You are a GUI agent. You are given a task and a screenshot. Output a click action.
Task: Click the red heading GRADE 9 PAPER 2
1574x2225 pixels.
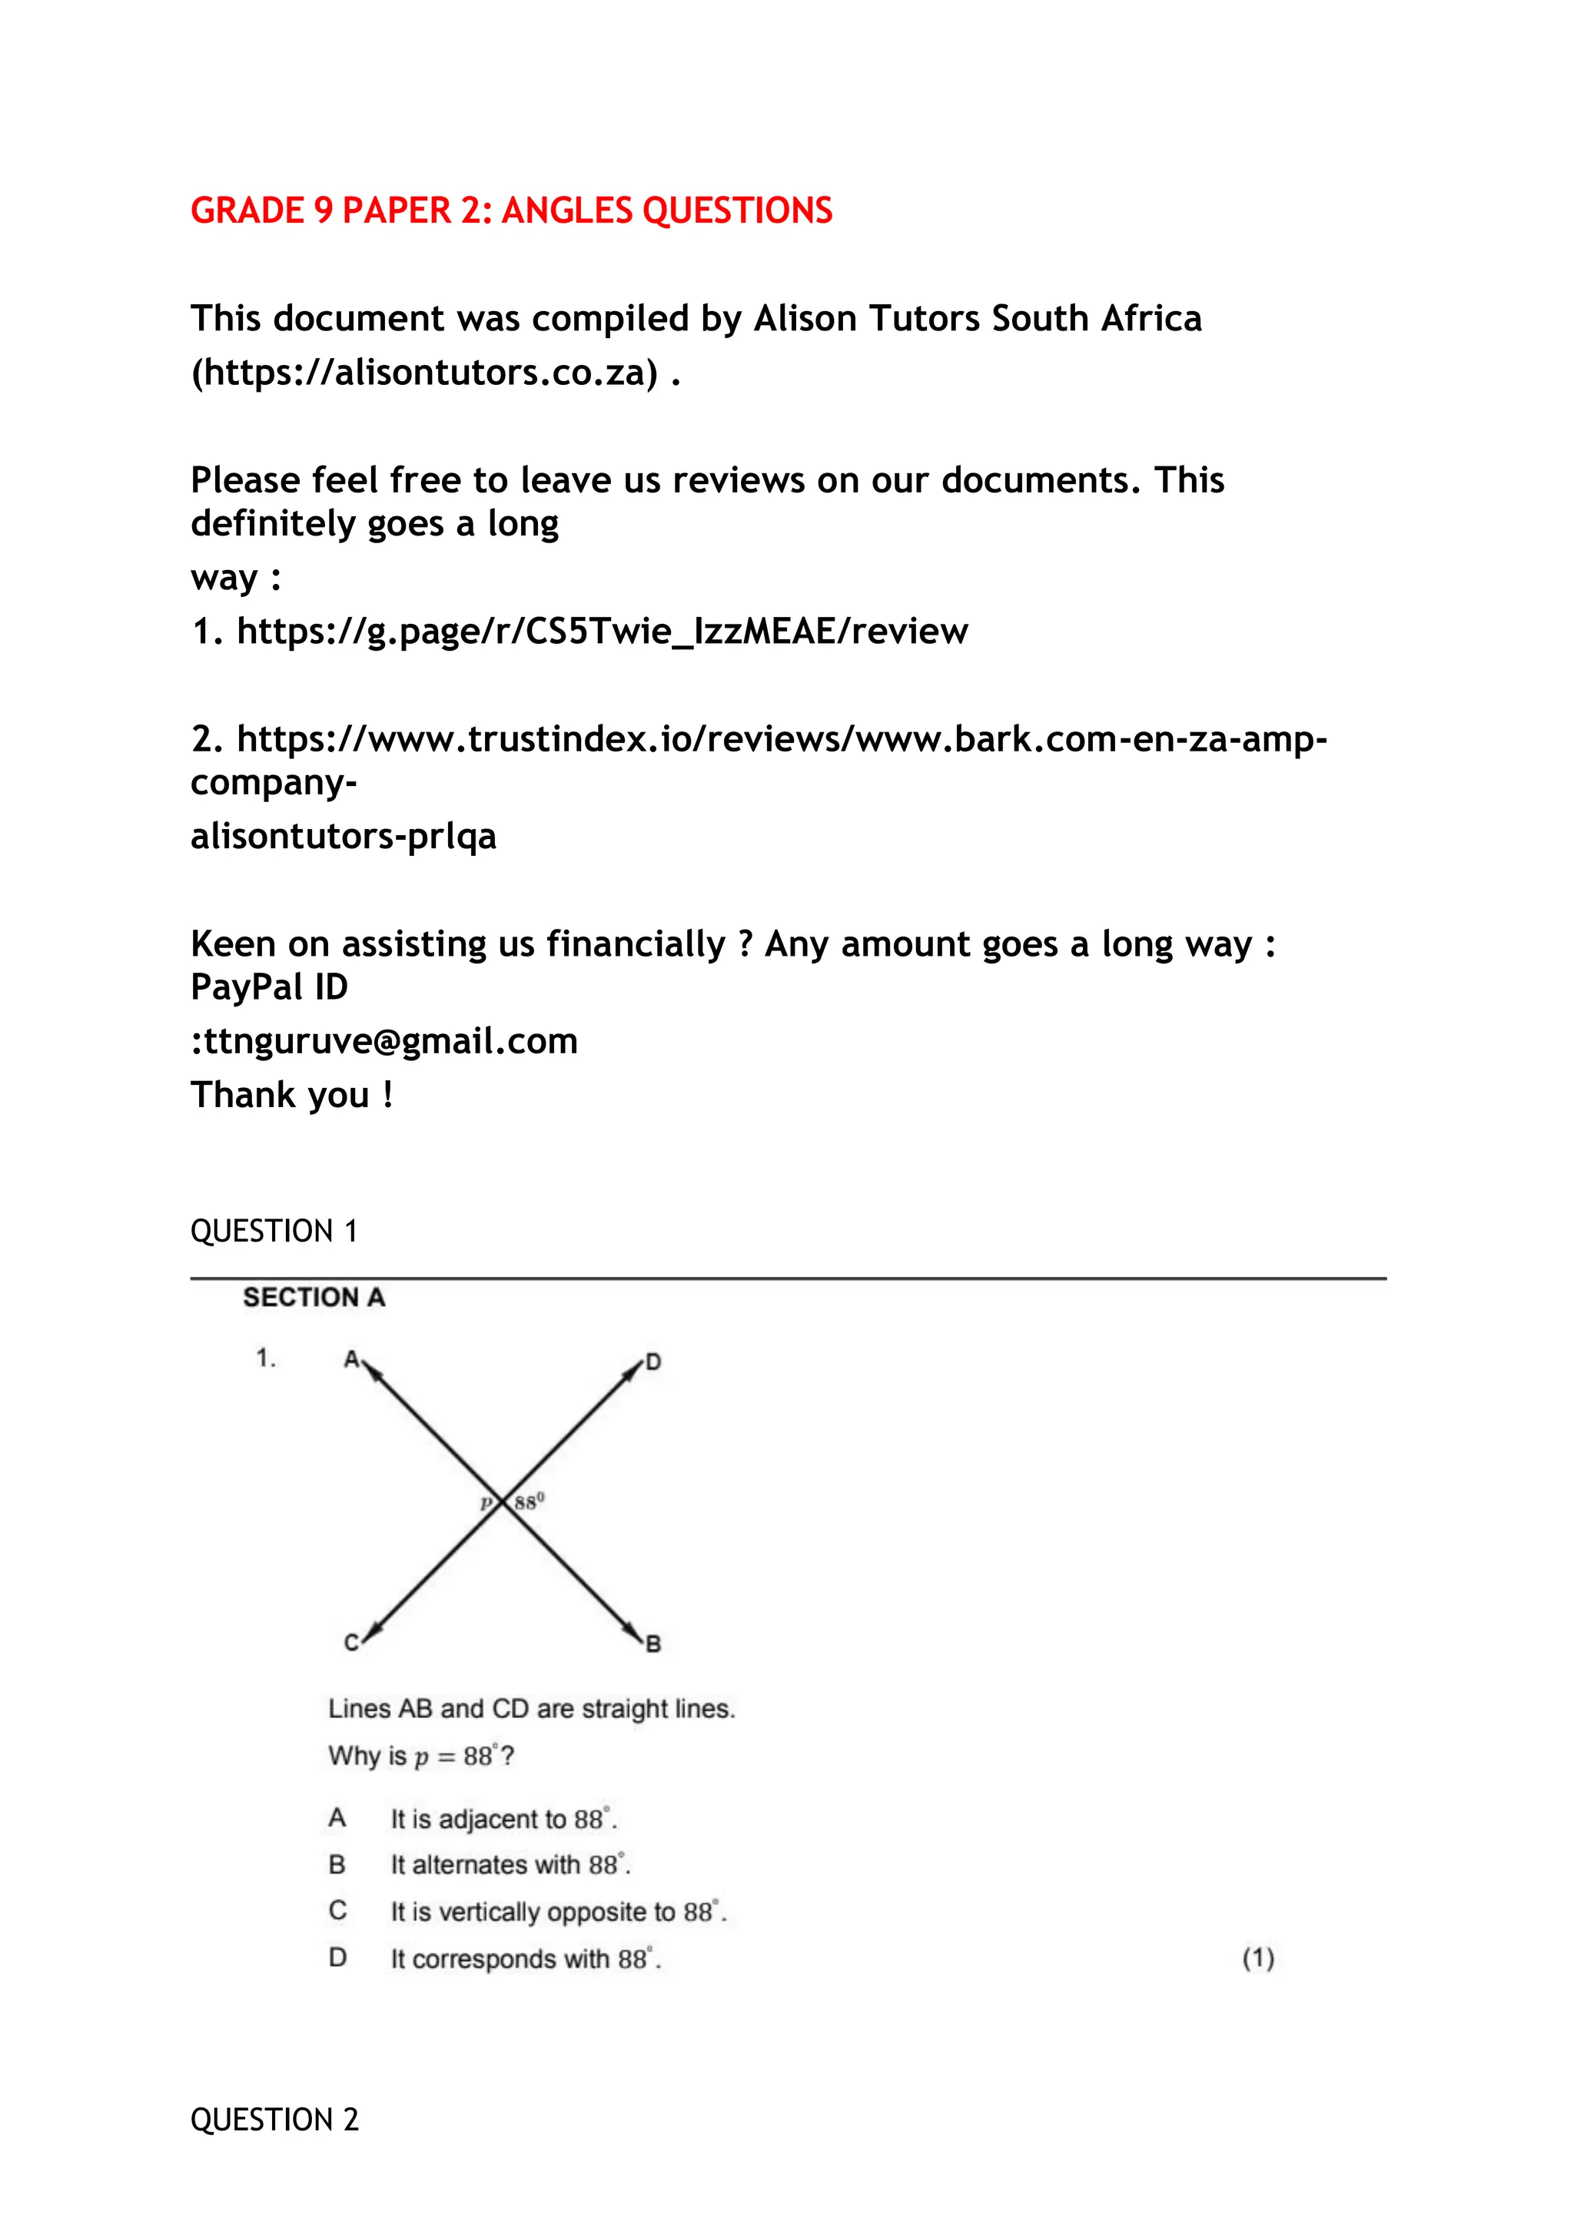[511, 211]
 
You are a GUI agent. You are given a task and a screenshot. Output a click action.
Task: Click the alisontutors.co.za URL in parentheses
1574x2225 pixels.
[424, 372]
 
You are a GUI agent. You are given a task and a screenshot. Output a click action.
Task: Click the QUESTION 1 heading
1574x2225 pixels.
[274, 1231]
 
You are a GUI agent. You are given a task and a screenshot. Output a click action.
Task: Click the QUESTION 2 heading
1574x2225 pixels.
[274, 2120]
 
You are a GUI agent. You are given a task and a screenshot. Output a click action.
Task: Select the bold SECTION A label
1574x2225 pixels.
[314, 1298]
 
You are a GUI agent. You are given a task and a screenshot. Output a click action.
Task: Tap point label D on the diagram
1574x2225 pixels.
[653, 1361]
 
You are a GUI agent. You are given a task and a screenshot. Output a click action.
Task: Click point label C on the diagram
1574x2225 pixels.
[352, 1643]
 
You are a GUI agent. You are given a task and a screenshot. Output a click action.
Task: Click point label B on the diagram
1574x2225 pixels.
[653, 1643]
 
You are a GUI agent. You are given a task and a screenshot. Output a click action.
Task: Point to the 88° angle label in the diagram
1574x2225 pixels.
[530, 1502]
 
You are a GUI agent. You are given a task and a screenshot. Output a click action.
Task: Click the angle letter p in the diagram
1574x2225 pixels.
[486, 1503]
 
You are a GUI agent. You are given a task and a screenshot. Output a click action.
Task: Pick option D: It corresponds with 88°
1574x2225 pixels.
[526, 1958]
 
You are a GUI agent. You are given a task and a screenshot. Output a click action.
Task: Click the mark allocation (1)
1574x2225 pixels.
[1258, 1958]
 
